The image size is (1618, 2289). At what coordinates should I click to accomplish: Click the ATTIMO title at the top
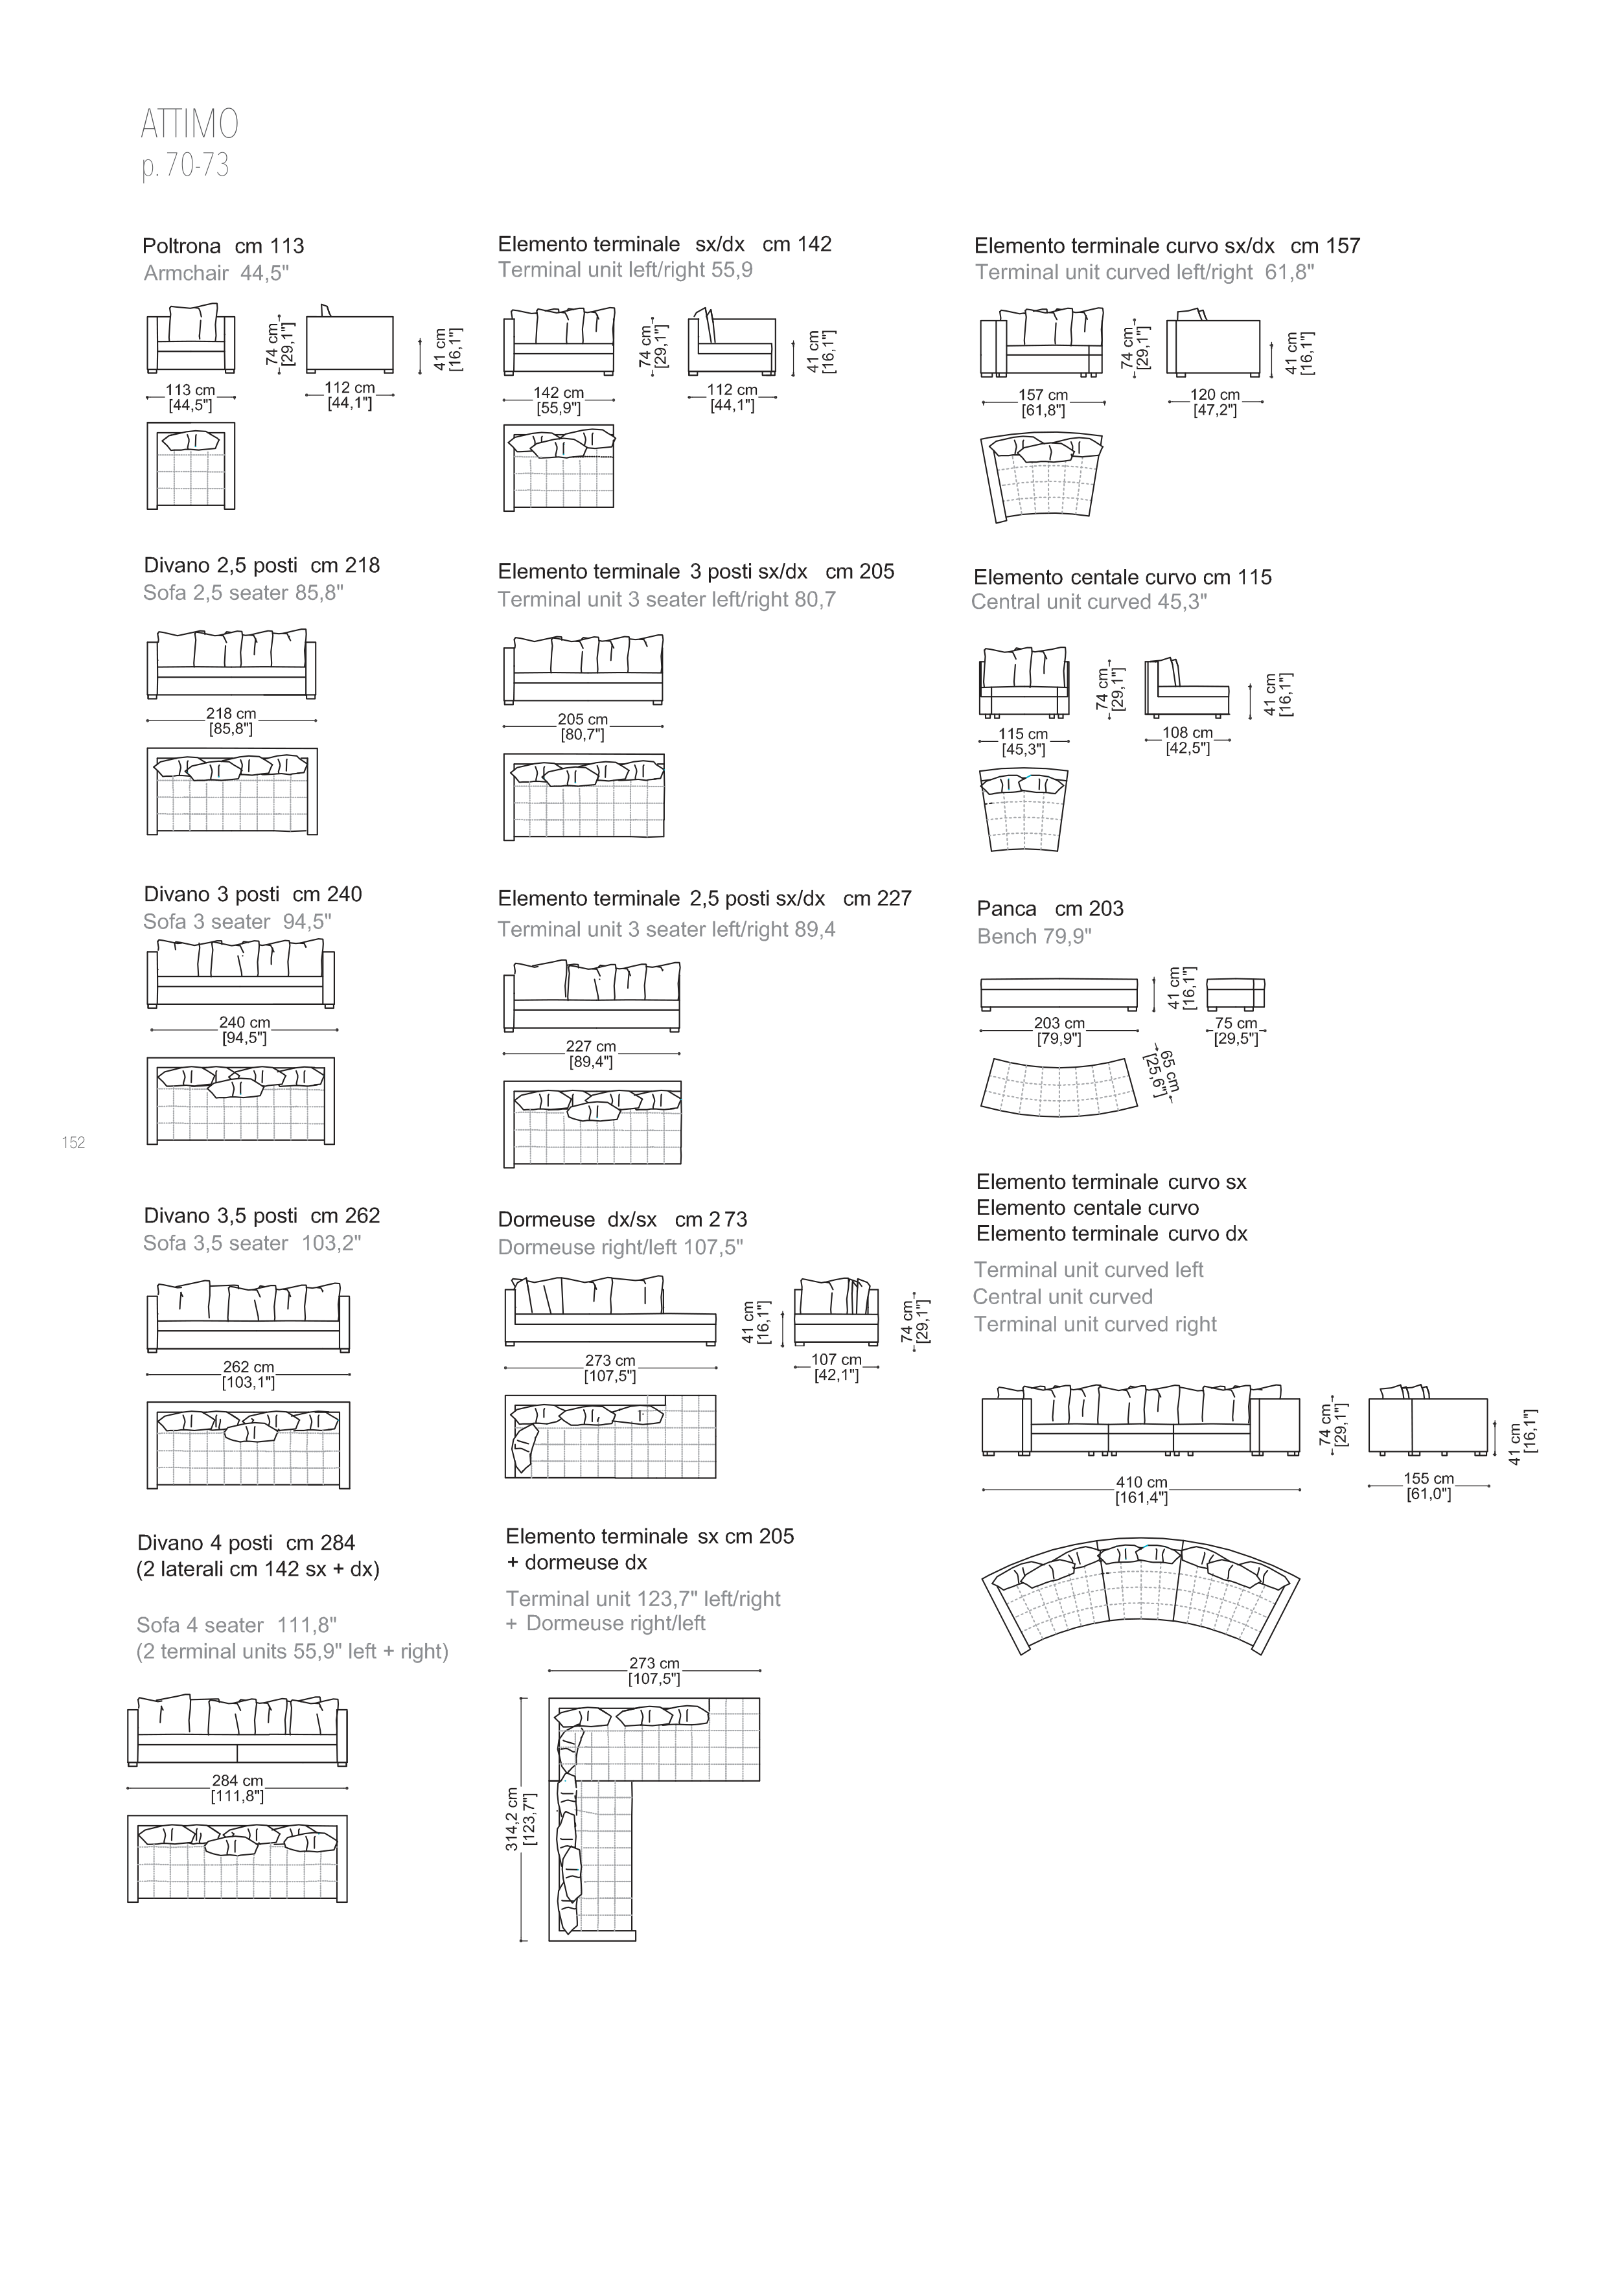189,124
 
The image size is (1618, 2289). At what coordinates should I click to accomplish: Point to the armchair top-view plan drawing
191,466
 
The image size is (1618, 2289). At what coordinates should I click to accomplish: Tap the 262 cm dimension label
248,1367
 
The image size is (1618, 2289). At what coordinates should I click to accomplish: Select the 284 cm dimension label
237,1780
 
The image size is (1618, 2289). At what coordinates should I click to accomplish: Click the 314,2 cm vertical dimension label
511,1819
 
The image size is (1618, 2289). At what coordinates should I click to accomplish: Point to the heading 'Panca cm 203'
1050,908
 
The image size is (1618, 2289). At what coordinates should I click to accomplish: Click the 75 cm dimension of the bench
1236,1023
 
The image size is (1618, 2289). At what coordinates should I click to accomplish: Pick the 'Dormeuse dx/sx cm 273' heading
622,1219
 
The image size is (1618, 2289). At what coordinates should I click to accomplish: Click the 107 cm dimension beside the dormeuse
837,1360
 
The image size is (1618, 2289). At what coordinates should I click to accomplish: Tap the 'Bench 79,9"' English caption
1034,936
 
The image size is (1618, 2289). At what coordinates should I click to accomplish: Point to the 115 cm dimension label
1024,734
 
